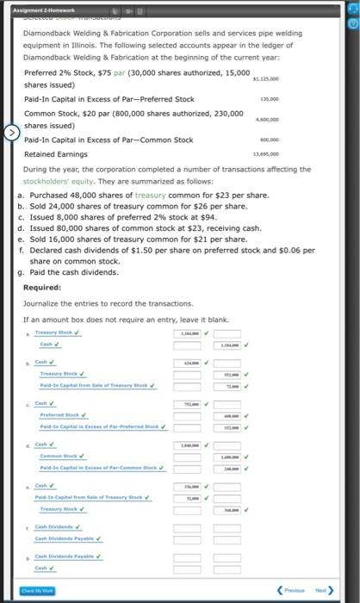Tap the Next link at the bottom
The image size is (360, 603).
pos(323,589)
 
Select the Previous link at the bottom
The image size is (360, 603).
pos(293,589)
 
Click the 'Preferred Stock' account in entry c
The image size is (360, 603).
pos(55,416)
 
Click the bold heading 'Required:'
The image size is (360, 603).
pos(41,287)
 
